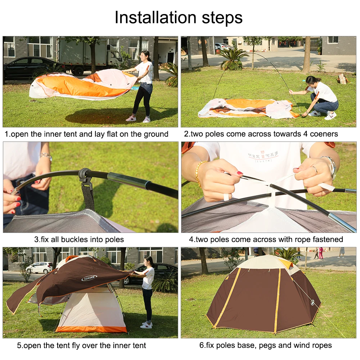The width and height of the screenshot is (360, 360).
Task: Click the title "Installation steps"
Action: tap(179, 18)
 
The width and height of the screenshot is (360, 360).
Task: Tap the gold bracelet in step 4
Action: tap(198, 173)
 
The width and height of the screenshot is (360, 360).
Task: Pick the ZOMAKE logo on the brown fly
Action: tap(89, 278)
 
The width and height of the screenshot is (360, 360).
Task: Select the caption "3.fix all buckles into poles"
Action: tap(79, 239)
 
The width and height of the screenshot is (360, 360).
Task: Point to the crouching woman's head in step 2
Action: tap(311, 81)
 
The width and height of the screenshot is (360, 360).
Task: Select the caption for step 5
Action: tap(81, 346)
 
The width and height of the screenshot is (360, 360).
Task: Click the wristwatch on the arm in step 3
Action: tap(46, 156)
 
